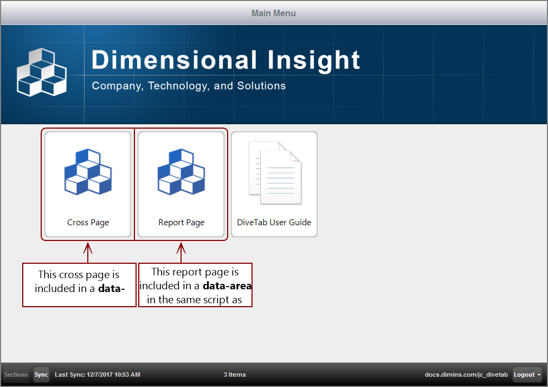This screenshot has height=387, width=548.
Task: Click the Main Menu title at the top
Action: point(273,13)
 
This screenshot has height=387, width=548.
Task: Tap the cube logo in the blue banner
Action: point(42,72)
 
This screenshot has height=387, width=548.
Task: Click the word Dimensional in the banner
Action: point(174,60)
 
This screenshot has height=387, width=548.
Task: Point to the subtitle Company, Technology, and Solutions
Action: point(189,86)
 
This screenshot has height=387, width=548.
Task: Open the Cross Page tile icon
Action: point(88,171)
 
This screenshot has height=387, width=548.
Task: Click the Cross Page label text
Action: point(88,223)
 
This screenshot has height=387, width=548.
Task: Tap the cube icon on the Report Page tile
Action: point(181,171)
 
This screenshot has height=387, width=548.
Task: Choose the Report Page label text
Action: point(181,223)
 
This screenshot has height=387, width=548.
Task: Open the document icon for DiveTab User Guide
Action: point(274,173)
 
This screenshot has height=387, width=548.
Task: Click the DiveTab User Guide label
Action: point(274,223)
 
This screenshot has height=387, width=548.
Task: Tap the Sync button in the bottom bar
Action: point(41,375)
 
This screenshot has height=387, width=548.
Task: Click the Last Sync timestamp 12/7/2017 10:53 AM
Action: point(113,375)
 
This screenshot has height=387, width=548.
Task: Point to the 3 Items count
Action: point(235,375)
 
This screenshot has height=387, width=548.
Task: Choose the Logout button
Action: point(527,375)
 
